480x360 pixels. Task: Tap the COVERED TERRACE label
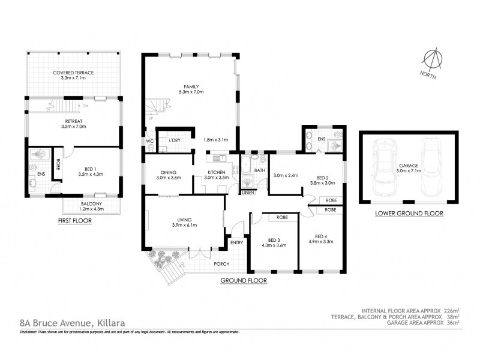73,72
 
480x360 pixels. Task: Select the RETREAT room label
74,120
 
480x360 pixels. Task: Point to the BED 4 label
321,235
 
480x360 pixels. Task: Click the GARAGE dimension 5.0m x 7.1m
409,170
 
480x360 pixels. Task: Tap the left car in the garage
383,168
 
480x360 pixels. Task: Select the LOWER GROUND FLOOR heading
409,213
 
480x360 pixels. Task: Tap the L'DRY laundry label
175,140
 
